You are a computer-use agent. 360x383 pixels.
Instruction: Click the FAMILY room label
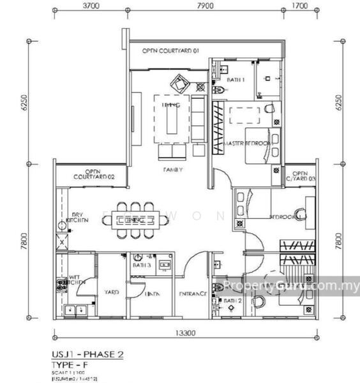pos(172,170)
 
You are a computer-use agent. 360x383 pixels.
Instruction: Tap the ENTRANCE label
pos(193,294)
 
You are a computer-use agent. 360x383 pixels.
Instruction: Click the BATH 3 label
pos(142,264)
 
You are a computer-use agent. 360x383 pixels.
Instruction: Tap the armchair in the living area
pos(179,82)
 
